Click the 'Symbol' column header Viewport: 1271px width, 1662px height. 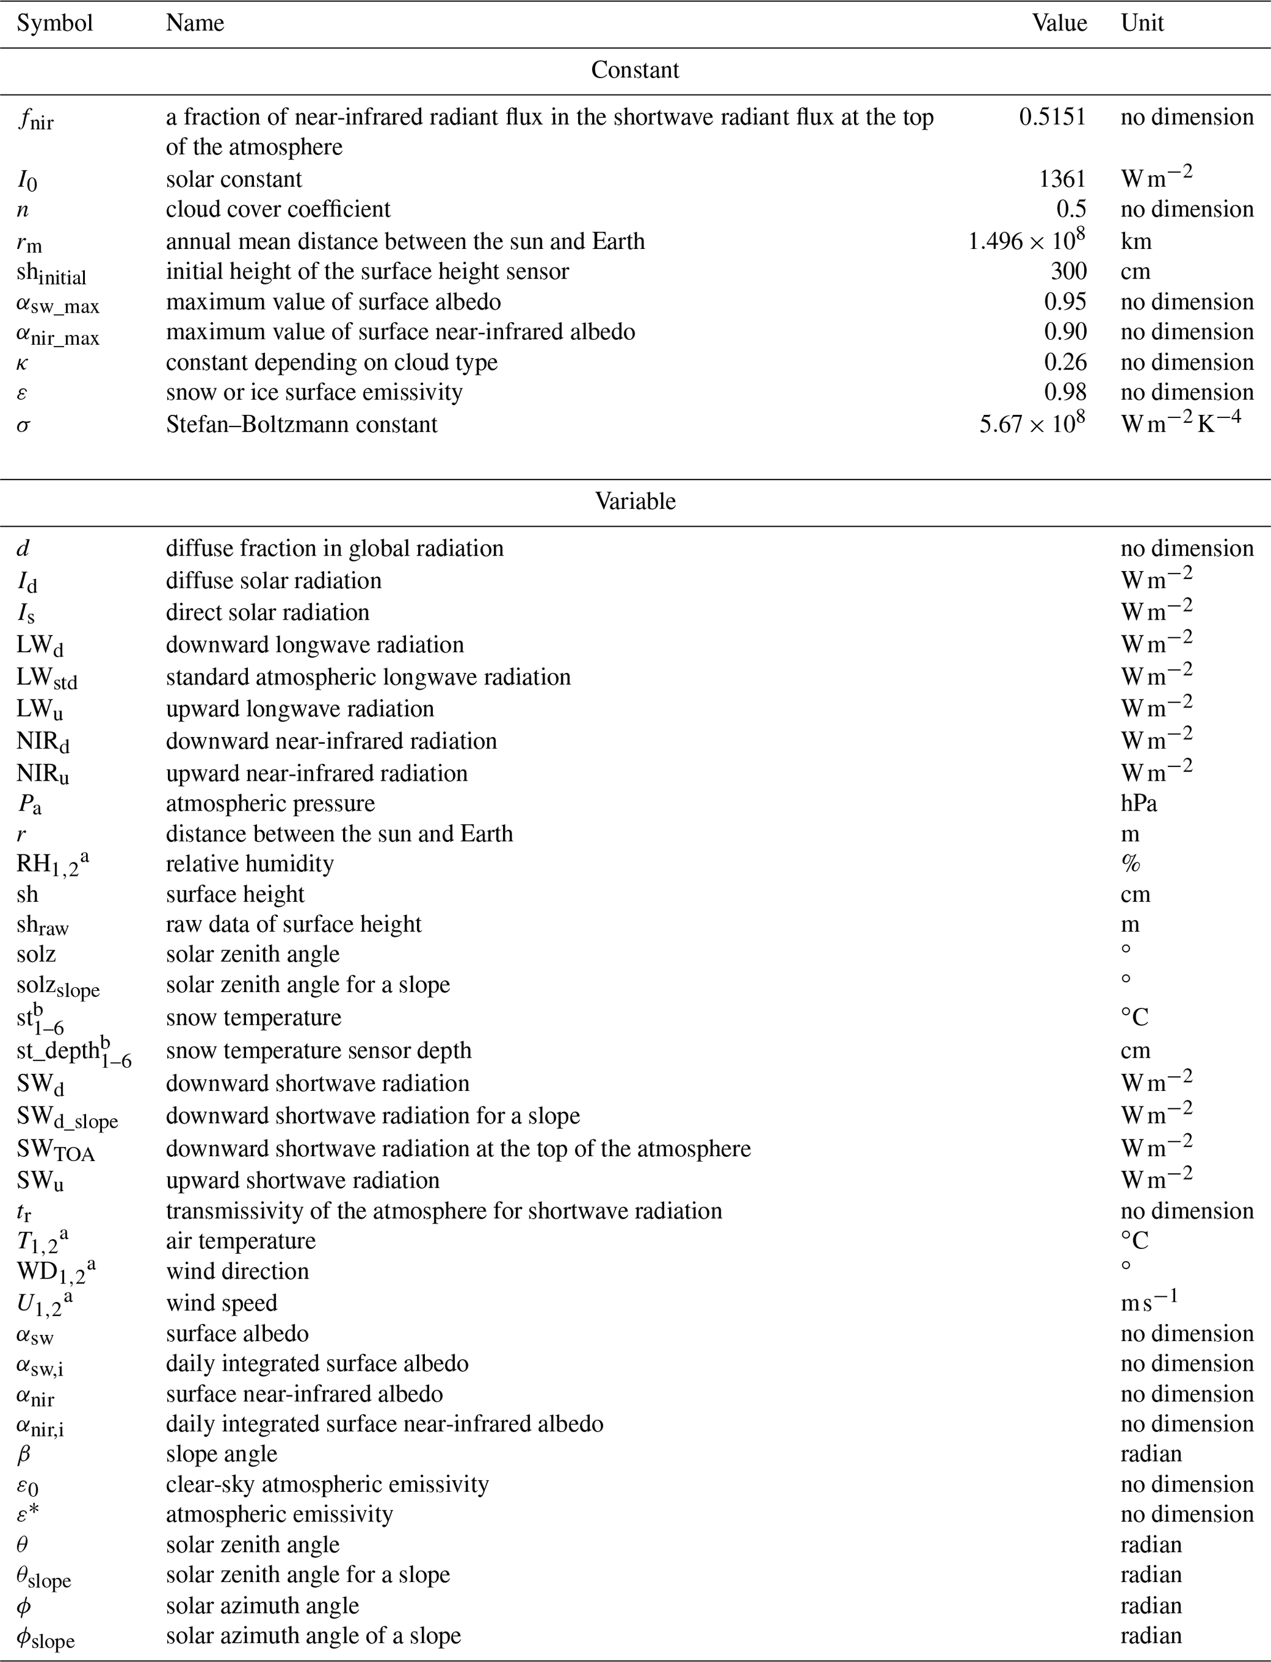[x=55, y=23]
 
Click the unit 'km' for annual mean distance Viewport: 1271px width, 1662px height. [x=1136, y=240]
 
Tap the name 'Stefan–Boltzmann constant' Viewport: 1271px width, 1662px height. [x=301, y=423]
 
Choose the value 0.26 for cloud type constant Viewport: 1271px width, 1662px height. [x=1065, y=361]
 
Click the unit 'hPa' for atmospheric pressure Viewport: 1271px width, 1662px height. [x=1139, y=802]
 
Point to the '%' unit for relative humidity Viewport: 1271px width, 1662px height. [x=1130, y=863]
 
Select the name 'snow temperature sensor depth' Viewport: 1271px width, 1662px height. [x=319, y=1050]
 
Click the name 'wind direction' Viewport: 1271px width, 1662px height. [x=237, y=1270]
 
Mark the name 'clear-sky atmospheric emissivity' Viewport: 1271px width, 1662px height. [x=327, y=1484]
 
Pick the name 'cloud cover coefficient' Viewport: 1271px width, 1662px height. [x=278, y=209]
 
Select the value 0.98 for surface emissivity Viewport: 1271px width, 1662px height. [x=1065, y=392]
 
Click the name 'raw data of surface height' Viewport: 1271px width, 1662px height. [x=293, y=923]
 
